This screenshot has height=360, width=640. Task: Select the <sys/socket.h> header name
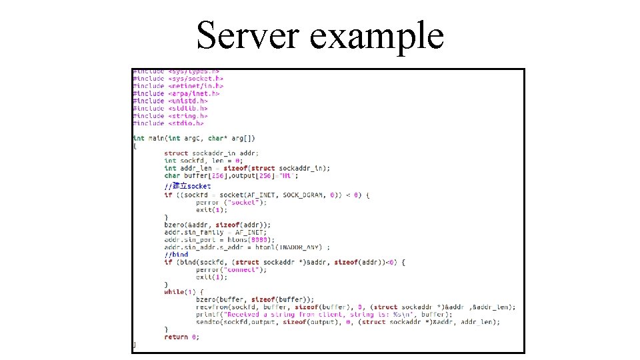[195, 79]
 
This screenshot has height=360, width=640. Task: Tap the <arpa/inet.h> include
[193, 93]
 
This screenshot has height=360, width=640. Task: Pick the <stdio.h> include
[186, 123]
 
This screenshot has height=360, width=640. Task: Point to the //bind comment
[176, 254]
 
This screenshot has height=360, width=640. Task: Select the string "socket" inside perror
[243, 202]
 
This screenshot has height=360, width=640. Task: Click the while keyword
[174, 292]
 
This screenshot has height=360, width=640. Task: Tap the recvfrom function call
[212, 307]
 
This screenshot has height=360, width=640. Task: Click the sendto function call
[208, 322]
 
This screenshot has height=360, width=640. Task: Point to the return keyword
[176, 337]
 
